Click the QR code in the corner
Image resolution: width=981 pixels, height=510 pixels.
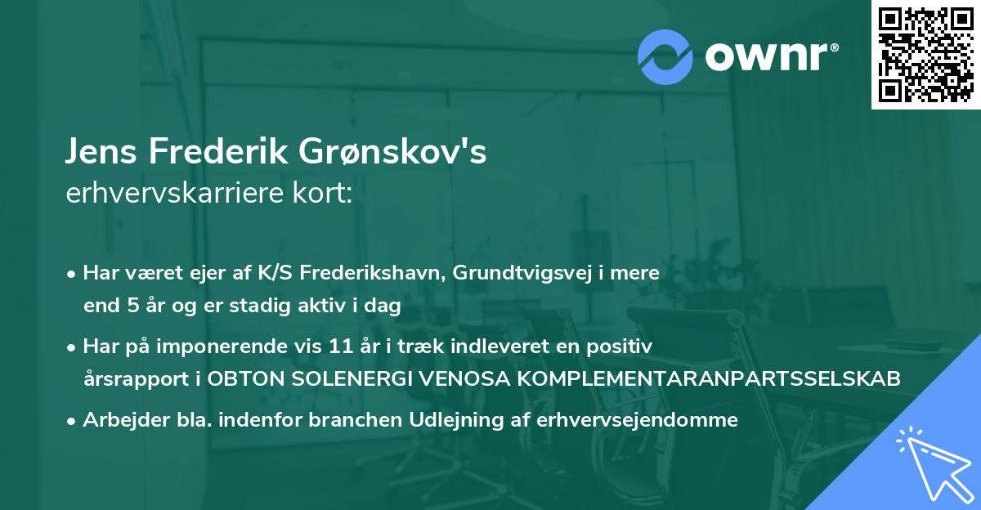[x=925, y=55]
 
